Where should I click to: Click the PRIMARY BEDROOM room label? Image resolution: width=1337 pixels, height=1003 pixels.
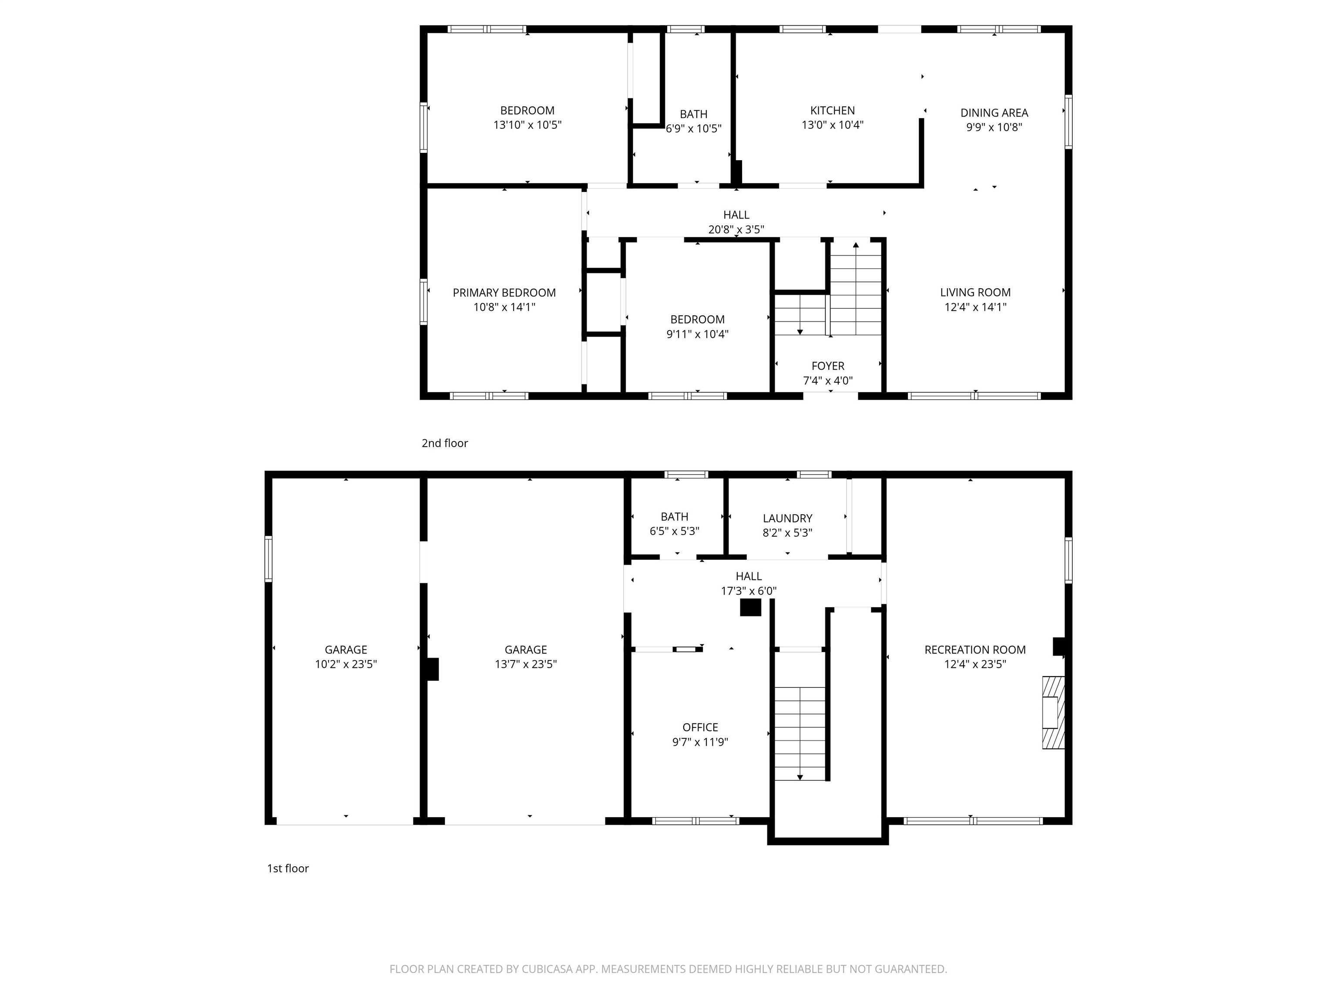click(504, 293)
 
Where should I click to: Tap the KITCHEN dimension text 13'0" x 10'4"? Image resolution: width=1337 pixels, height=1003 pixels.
click(832, 125)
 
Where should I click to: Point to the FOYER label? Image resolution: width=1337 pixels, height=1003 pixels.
click(827, 366)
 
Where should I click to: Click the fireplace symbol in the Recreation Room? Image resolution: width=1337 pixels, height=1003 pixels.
click(1052, 712)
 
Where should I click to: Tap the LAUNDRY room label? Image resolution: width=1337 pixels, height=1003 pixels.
click(787, 518)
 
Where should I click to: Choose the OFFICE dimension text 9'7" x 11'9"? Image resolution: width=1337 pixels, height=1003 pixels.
click(700, 742)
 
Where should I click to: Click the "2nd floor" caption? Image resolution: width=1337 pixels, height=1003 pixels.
click(444, 443)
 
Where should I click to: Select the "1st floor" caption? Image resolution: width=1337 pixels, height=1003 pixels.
click(288, 868)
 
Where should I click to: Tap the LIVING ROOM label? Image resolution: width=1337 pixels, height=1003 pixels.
click(975, 292)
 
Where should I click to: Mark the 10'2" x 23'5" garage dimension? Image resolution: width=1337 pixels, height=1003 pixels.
click(346, 664)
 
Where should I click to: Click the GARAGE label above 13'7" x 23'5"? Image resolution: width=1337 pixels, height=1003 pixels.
click(525, 650)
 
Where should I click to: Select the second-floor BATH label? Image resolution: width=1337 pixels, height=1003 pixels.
click(693, 114)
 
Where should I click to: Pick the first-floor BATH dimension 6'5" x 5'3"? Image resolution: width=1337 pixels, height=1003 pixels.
click(674, 532)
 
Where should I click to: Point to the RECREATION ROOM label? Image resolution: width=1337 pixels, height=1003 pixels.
click(974, 650)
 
